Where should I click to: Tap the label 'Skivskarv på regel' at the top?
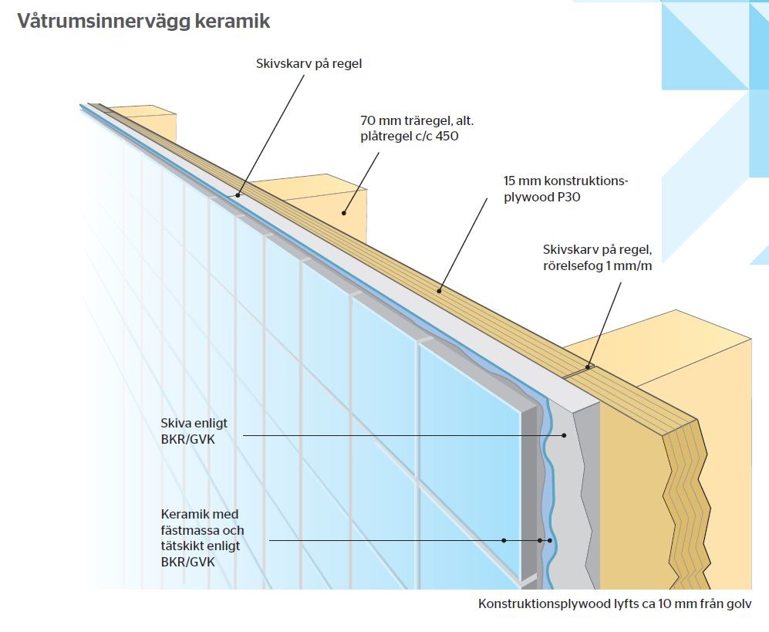(x=309, y=64)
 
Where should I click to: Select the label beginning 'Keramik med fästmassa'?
(x=201, y=538)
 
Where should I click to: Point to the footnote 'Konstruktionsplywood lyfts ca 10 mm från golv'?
(x=614, y=604)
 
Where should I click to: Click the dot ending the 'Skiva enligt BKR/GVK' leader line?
(x=564, y=435)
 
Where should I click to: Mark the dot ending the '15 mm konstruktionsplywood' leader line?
(x=440, y=291)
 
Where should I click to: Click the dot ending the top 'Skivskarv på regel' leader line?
(x=238, y=195)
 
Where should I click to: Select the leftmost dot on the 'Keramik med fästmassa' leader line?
(x=504, y=540)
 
